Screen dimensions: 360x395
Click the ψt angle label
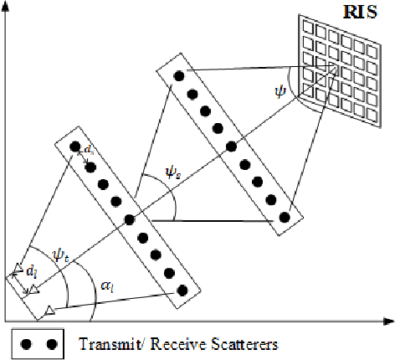(61, 250)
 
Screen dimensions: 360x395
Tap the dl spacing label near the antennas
(30, 271)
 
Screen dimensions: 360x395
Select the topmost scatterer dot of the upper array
(177, 76)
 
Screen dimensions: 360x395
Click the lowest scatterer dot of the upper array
(285, 217)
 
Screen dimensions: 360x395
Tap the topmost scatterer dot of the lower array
(75, 147)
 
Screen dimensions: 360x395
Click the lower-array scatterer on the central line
(129, 219)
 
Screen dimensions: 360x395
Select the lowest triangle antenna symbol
(49, 311)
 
